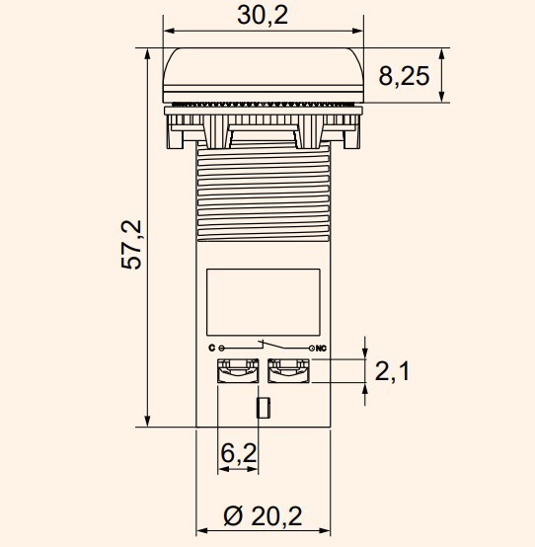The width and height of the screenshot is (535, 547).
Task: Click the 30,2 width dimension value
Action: pos(262,15)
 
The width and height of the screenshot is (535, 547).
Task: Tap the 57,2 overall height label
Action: pos(132,245)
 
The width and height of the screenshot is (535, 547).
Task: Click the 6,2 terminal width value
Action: pos(238,453)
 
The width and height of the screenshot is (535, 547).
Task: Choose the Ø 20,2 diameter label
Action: pos(263,514)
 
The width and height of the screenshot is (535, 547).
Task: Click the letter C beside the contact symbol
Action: pos(211,349)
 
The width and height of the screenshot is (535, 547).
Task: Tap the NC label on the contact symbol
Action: pos(321,349)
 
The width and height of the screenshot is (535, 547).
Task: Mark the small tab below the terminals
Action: pos(263,408)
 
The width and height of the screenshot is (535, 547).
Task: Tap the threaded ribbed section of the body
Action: pos(263,193)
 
